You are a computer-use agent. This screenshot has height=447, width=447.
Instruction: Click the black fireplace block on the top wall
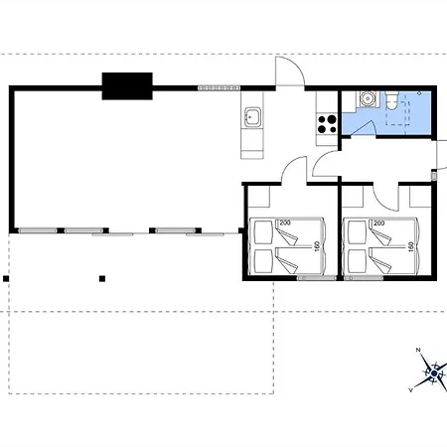126,86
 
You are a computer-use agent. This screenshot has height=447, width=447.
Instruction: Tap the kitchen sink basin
251,118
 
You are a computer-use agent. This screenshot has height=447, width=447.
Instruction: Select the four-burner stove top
325,124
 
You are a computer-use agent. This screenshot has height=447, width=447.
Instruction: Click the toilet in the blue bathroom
394,101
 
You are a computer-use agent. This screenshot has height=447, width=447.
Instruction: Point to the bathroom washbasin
367,99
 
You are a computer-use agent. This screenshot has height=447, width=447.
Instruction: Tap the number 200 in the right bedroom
379,223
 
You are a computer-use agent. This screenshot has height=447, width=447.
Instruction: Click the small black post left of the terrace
7,279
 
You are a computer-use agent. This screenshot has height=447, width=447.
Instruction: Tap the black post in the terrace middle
101,279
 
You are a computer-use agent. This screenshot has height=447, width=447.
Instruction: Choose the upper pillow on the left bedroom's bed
260,233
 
